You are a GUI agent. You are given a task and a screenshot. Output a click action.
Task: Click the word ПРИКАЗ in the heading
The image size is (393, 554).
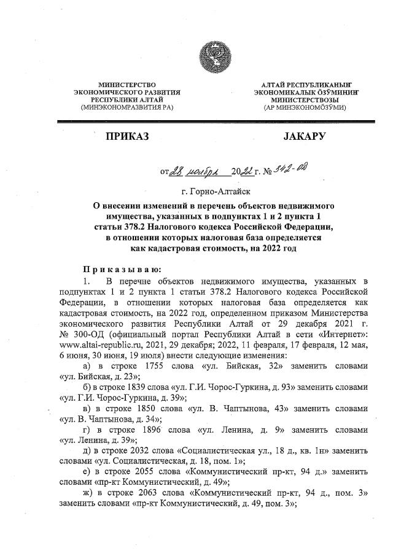pos(125,137)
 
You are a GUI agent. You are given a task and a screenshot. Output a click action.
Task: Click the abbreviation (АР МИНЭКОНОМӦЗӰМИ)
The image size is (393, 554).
pos(304,107)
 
